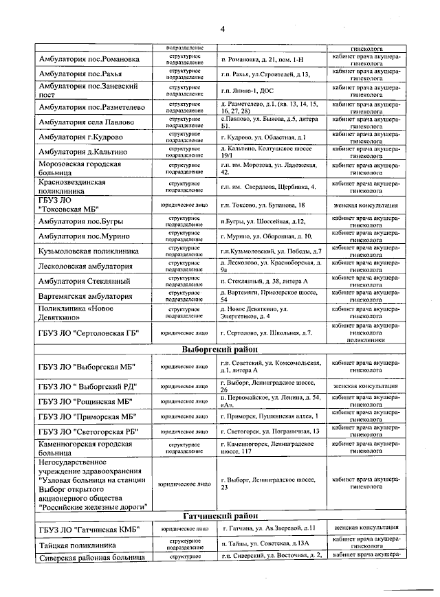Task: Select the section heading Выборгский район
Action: tap(219, 349)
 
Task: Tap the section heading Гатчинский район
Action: tap(220, 515)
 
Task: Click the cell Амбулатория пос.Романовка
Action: tap(89, 60)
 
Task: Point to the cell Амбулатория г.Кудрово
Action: tap(84, 137)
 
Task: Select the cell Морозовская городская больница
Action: tap(80, 169)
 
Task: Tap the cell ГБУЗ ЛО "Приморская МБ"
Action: tap(86, 416)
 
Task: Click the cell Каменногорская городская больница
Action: tap(85, 449)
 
